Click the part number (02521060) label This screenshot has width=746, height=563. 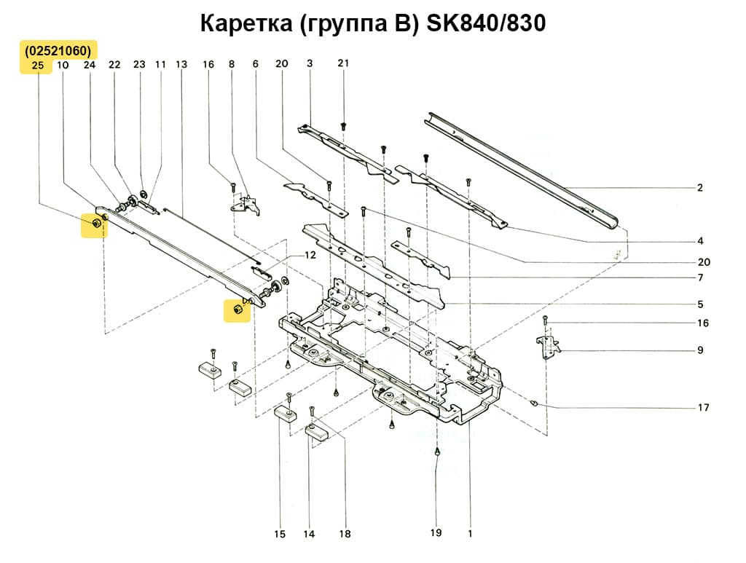57,51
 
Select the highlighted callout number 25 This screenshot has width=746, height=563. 39,66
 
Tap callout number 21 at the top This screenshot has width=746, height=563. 343,63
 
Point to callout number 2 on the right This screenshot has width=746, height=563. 699,188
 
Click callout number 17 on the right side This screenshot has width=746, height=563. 703,407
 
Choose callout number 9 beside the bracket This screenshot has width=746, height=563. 699,350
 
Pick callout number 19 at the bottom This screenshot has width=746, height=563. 436,533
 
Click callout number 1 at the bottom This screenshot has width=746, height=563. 470,533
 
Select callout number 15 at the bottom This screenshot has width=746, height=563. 280,535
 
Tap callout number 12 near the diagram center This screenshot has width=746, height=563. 310,256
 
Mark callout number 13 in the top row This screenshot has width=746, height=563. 181,65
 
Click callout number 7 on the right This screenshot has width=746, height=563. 699,277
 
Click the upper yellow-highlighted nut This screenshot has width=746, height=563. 94,223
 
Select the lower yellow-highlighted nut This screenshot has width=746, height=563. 237,310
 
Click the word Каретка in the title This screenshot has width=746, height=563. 246,24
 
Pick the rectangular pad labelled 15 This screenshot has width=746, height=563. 285,414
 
